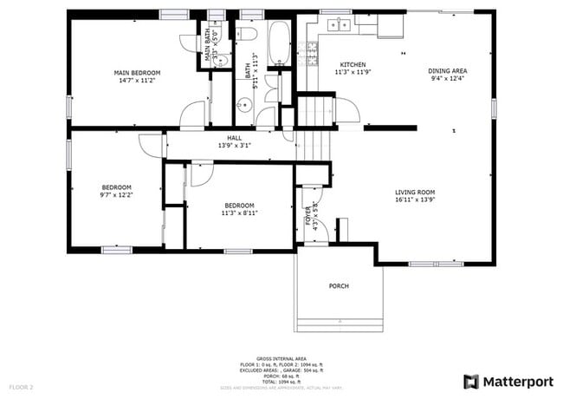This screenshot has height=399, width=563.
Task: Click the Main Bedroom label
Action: (x=138, y=73)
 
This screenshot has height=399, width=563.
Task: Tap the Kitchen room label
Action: (x=353, y=65)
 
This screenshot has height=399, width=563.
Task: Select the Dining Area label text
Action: (x=448, y=70)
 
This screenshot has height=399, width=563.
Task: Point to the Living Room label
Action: (x=415, y=192)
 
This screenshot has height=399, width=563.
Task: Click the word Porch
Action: (x=339, y=285)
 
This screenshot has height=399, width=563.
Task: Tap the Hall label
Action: (x=234, y=138)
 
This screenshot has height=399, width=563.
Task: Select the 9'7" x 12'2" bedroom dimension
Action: (x=116, y=195)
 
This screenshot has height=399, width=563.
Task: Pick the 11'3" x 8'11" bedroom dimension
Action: (x=239, y=213)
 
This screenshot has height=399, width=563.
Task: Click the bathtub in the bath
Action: (x=279, y=43)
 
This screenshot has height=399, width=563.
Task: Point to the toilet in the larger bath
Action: (x=247, y=35)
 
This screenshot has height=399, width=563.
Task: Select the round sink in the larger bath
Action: (x=244, y=106)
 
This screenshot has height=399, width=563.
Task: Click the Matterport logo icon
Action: (x=471, y=380)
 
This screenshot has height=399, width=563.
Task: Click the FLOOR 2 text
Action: (x=21, y=386)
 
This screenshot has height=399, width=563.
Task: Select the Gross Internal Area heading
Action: (x=281, y=357)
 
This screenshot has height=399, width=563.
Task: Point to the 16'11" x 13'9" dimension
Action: (x=415, y=199)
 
